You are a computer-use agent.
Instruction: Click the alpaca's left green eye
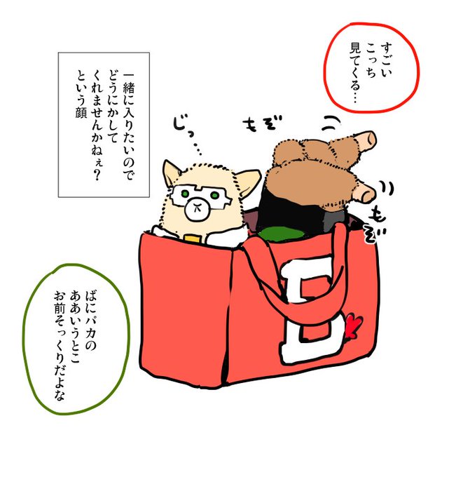point(185,194)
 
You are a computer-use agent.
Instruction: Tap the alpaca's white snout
point(198,210)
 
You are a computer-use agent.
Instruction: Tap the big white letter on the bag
point(312,310)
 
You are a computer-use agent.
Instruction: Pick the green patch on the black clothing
point(280,234)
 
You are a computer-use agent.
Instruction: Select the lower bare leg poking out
point(362,192)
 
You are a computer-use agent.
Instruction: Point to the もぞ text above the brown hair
point(262,123)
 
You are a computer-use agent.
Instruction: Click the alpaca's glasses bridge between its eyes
point(199,193)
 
